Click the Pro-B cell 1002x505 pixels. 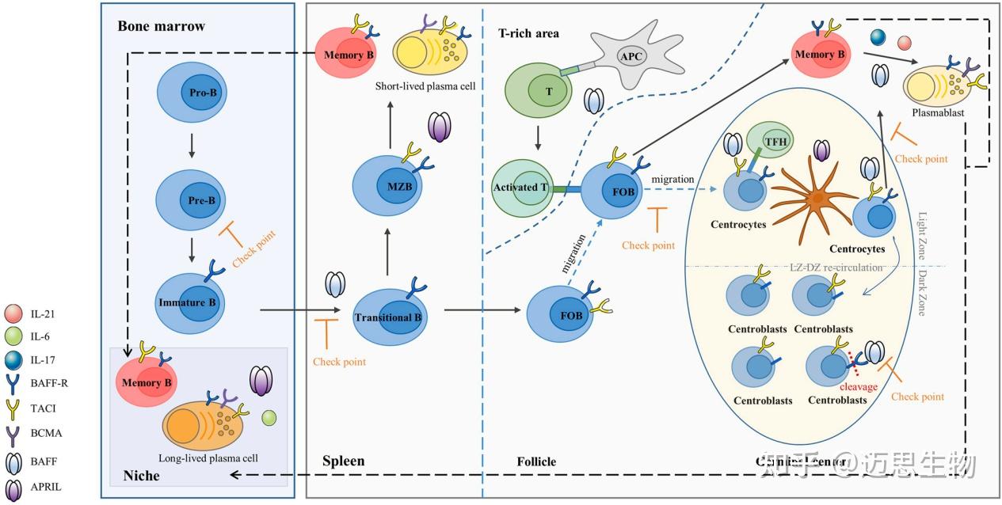(195, 93)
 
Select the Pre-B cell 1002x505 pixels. (195, 200)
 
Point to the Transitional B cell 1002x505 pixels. (388, 317)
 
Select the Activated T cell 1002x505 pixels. (523, 187)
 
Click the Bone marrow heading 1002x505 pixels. (161, 26)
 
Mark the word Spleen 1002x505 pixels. (344, 461)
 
